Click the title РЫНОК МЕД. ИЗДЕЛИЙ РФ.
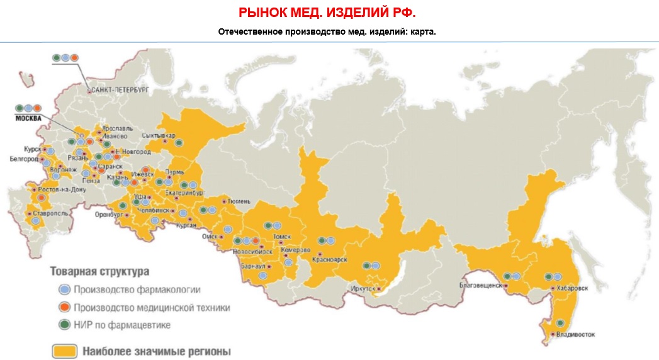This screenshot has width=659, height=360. pyautogui.click(x=328, y=13)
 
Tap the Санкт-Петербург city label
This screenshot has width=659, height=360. pyautogui.click(x=120, y=91)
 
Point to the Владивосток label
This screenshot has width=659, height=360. pyautogui.click(x=576, y=335)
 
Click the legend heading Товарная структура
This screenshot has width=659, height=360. pyautogui.click(x=99, y=273)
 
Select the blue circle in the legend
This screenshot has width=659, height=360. pyautogui.click(x=64, y=290)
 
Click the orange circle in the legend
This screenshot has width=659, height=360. pyautogui.click(x=64, y=308)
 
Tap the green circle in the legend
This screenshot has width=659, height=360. pyautogui.click(x=64, y=325)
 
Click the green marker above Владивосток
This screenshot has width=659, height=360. pyautogui.click(x=560, y=323)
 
